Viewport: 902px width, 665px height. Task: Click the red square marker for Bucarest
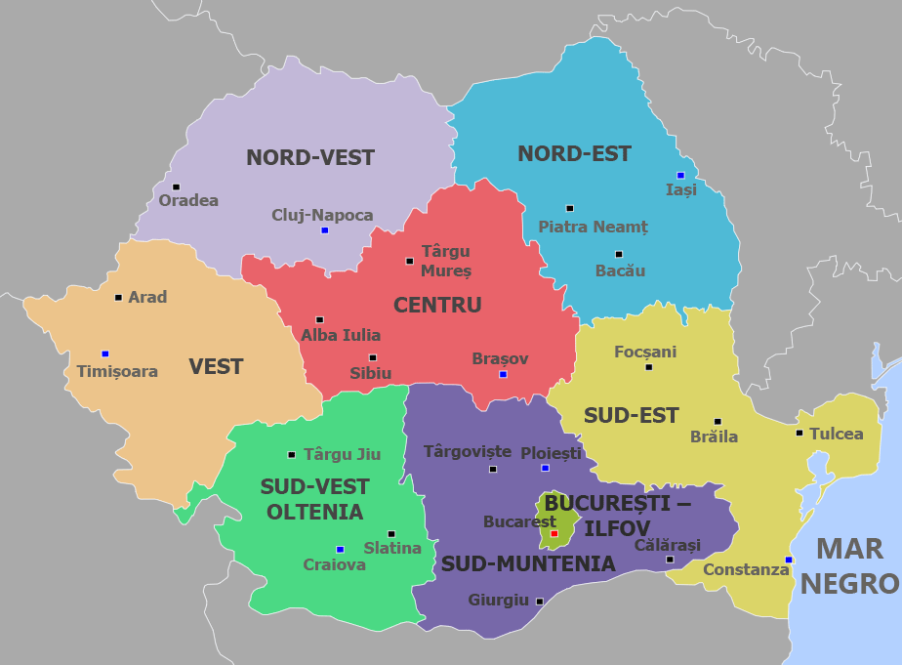pyautogui.click(x=553, y=533)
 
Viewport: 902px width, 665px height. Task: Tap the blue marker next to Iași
pyautogui.click(x=680, y=175)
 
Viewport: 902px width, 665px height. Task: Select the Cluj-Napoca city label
pyautogui.click(x=322, y=215)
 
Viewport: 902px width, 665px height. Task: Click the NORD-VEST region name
pyautogui.click(x=310, y=157)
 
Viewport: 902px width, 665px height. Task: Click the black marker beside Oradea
pyautogui.click(x=176, y=187)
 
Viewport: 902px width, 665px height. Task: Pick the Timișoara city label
pyautogui.click(x=117, y=371)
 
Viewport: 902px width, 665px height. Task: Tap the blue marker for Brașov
pyautogui.click(x=503, y=374)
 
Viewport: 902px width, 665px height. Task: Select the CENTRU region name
pyautogui.click(x=437, y=306)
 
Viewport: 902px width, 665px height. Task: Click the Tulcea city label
pyautogui.click(x=837, y=434)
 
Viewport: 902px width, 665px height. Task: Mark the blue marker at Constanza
pyautogui.click(x=788, y=560)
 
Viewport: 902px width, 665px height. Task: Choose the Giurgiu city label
pyautogui.click(x=498, y=600)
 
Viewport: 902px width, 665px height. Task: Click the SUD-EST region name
pyautogui.click(x=631, y=416)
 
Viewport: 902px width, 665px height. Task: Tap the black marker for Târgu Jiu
pyautogui.click(x=291, y=454)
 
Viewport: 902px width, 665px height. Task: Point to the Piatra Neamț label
pyautogui.click(x=593, y=227)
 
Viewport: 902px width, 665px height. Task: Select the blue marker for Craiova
pyautogui.click(x=340, y=549)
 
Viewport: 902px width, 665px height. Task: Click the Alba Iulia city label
pyautogui.click(x=341, y=335)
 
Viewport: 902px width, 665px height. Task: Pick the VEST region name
pyautogui.click(x=216, y=367)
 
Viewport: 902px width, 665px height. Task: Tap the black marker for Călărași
pyautogui.click(x=670, y=559)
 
